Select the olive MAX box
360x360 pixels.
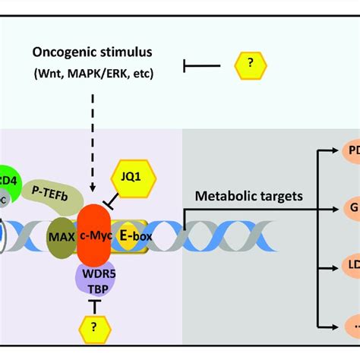pyautogui.click(x=62, y=236)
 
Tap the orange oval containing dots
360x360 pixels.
pyautogui.click(x=351, y=326)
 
